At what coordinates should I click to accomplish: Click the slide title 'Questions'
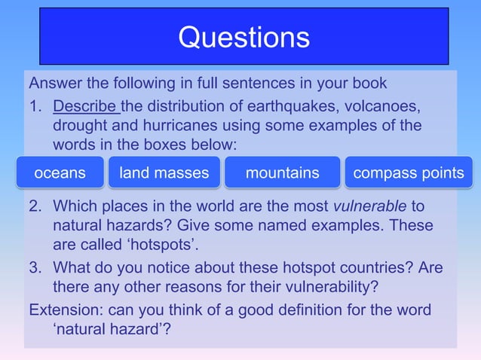[244, 37]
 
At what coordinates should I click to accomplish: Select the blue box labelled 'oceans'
[60, 173]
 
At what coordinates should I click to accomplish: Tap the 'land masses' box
[164, 173]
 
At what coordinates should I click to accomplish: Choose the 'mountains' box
[283, 173]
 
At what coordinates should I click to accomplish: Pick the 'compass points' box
[409, 173]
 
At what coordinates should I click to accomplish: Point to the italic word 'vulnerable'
[369, 206]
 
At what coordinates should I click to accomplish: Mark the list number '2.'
[35, 206]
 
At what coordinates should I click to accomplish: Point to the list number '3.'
[35, 268]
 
